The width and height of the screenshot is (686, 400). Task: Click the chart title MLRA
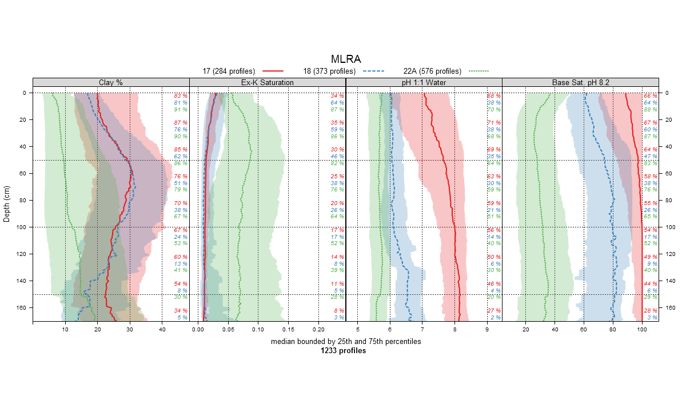(345, 59)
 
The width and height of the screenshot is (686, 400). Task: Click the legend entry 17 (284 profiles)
(229, 71)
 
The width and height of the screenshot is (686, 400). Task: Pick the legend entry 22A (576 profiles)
(432, 71)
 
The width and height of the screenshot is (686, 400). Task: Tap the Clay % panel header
(111, 82)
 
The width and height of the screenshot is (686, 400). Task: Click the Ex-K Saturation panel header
(268, 82)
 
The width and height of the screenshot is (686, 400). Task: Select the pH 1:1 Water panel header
(424, 82)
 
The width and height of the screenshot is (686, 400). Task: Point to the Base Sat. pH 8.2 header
(581, 82)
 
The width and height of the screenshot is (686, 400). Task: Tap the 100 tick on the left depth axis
(23, 227)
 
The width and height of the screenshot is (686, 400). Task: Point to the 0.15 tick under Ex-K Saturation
(288, 330)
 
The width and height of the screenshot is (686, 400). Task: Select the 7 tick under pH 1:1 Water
(422, 330)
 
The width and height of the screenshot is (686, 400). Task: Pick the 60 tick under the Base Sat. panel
(584, 330)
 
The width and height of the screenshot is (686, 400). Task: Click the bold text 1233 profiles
(345, 351)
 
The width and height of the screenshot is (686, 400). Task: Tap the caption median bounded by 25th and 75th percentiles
(345, 342)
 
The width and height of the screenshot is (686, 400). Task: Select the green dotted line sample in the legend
(478, 71)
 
